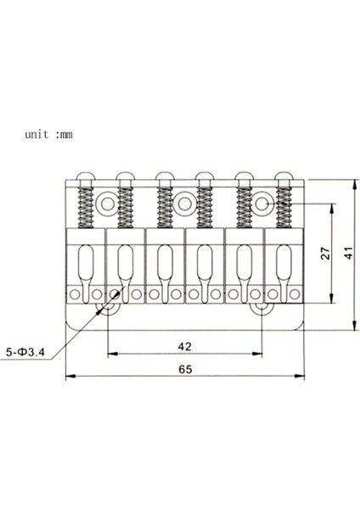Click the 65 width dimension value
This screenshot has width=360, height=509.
185,370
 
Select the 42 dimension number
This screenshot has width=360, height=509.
184,346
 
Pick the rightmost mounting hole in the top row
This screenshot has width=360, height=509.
264,204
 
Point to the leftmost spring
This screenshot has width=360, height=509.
85,209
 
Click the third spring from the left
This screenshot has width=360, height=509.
165,209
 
